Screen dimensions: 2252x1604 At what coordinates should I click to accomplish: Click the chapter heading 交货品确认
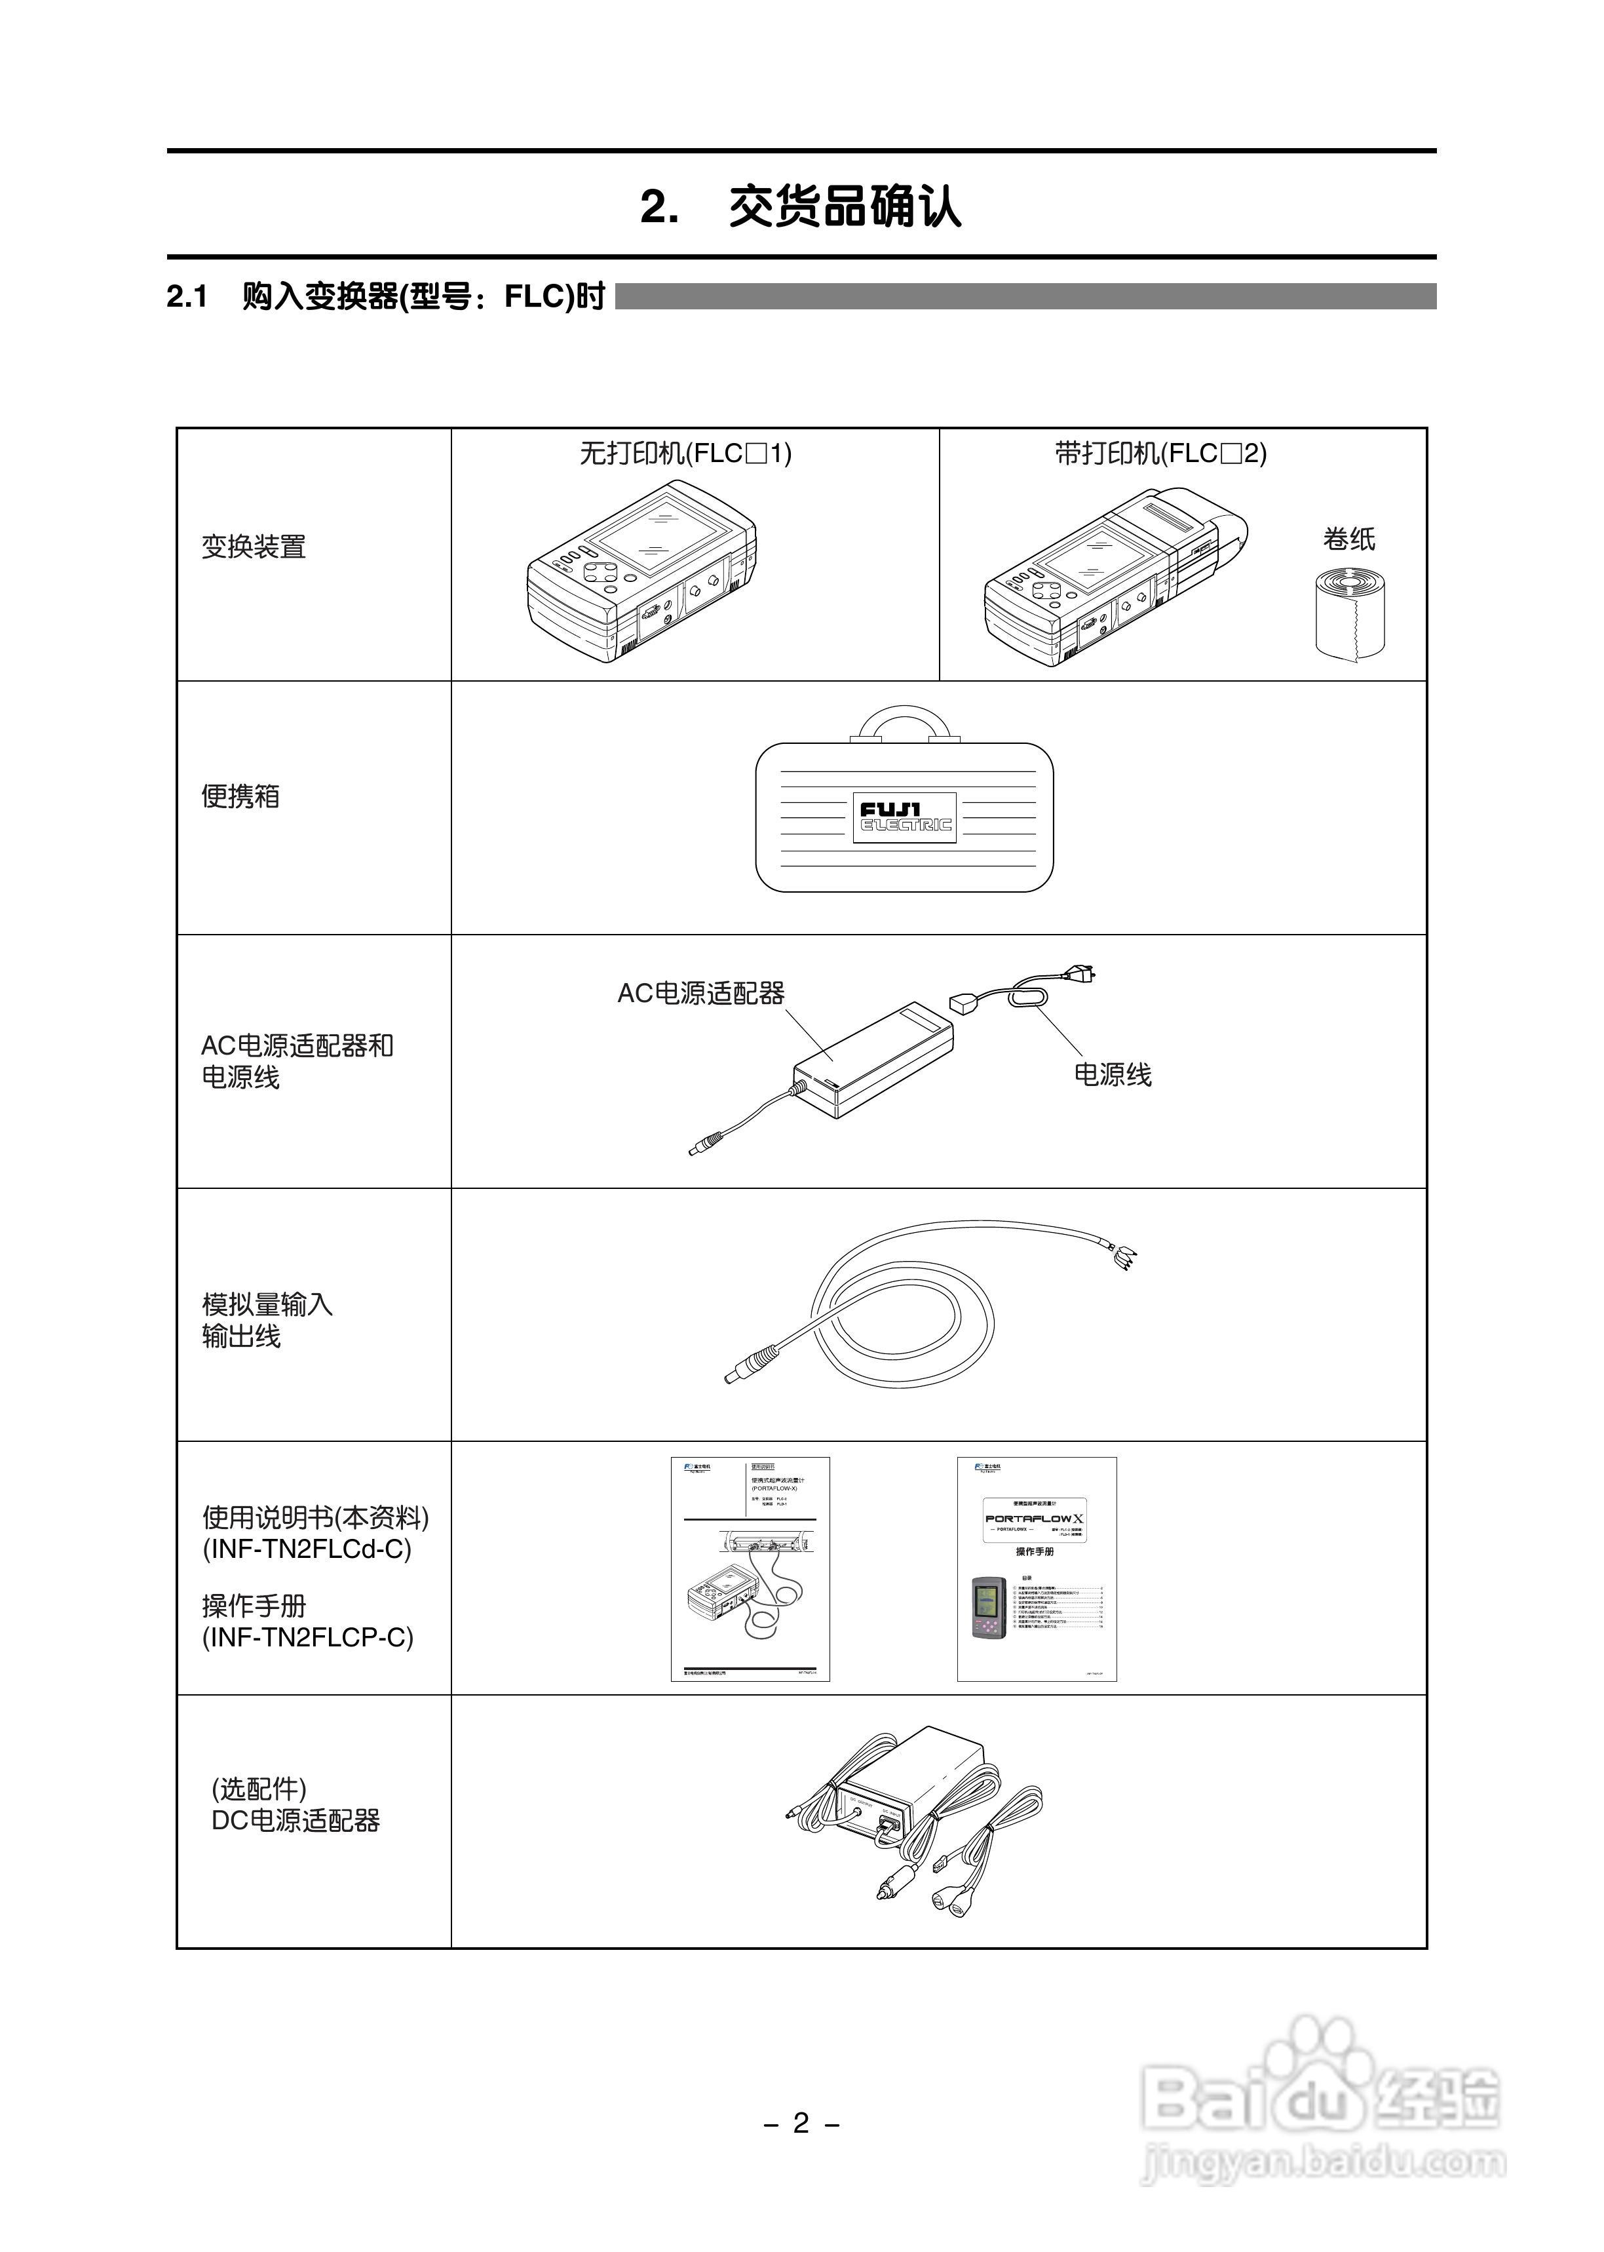point(845,207)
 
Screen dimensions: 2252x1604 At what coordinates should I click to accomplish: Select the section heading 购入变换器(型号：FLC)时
point(423,296)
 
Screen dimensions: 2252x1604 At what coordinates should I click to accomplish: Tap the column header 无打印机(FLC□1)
point(685,454)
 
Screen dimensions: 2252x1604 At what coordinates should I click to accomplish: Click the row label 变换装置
point(254,546)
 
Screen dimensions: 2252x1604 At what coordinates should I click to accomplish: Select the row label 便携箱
point(241,796)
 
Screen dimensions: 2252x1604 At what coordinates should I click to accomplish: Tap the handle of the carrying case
point(905,719)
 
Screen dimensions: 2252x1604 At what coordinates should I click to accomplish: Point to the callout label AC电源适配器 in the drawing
point(700,994)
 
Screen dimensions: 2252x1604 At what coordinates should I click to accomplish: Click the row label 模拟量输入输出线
point(267,1319)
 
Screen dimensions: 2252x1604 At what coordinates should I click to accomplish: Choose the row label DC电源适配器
point(296,1820)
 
